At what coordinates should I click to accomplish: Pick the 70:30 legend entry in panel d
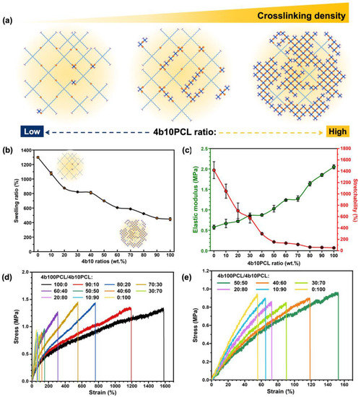coord(160,286)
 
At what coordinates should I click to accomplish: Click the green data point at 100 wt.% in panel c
coord(334,187)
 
